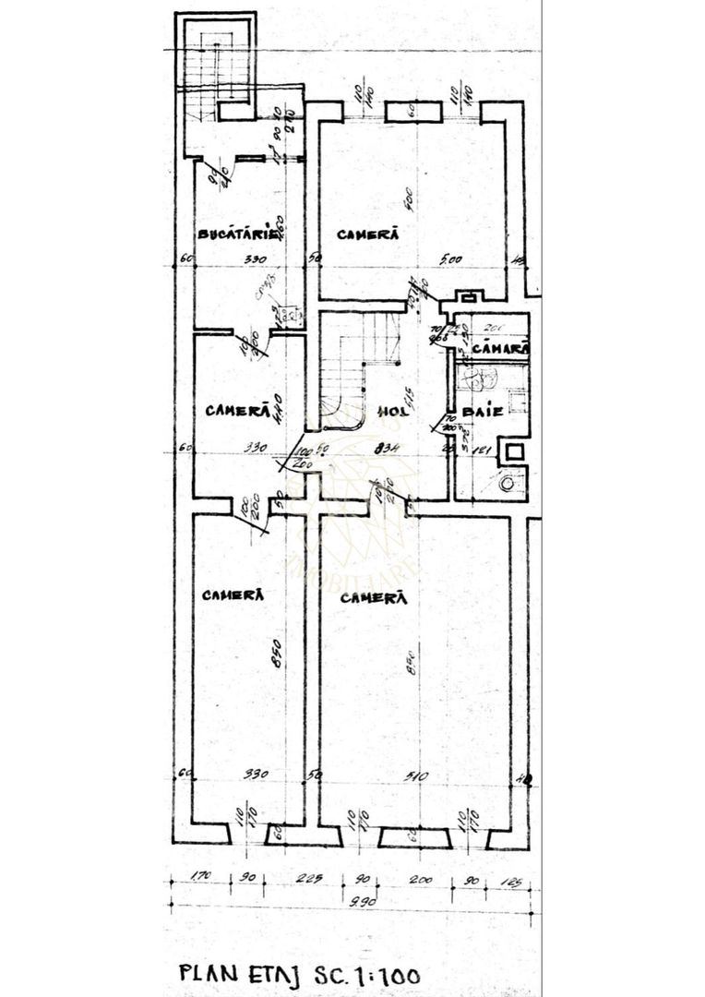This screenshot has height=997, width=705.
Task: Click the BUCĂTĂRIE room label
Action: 239,234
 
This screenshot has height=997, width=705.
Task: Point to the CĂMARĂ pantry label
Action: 500,349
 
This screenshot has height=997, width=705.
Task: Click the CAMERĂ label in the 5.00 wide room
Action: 367,234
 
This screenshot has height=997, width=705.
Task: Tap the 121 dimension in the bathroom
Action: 479,450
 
